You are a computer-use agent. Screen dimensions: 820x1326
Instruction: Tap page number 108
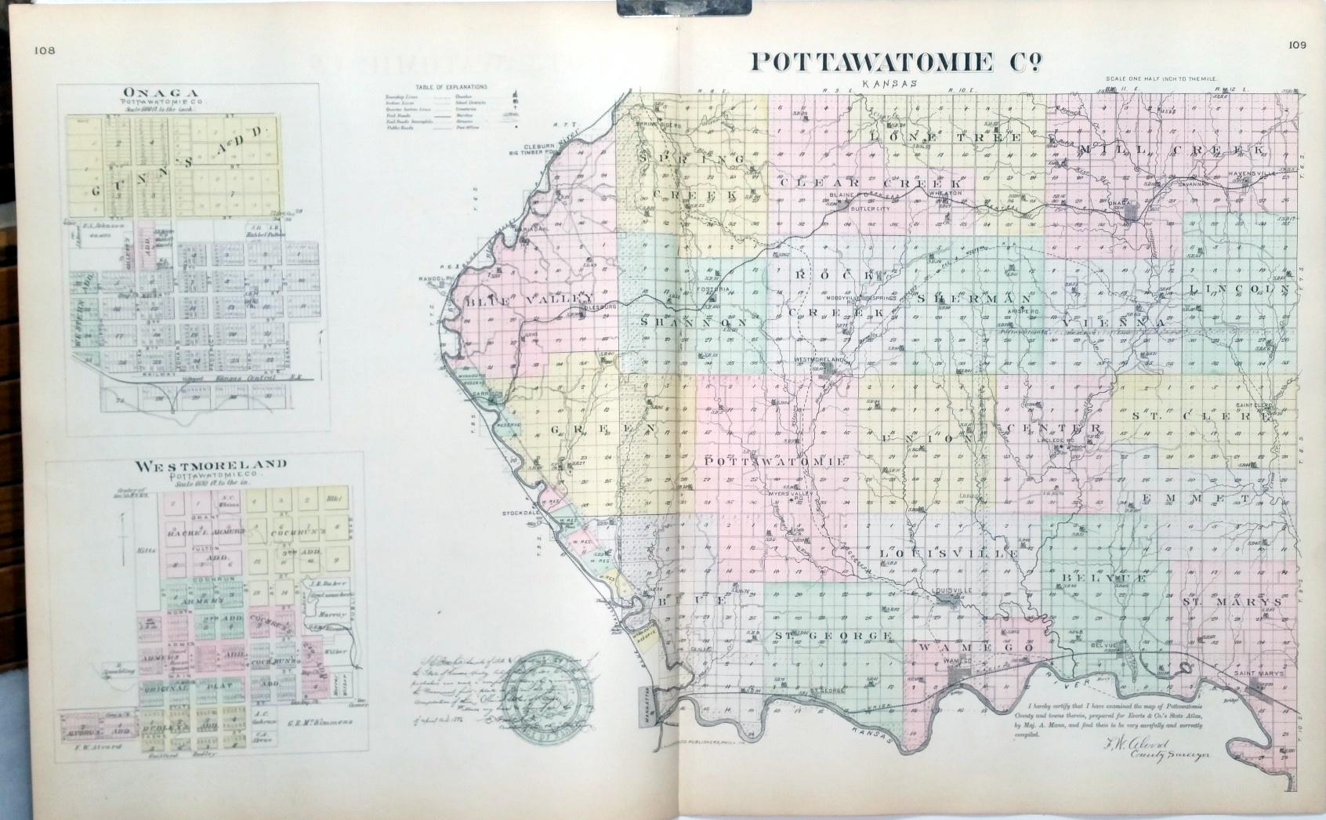coord(44,52)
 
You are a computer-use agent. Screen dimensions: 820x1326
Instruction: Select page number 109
coord(1296,45)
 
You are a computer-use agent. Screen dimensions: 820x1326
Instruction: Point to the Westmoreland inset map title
coord(211,465)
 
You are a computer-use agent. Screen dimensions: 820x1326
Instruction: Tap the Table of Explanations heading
coord(451,86)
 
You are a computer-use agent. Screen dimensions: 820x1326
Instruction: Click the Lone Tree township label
coord(946,136)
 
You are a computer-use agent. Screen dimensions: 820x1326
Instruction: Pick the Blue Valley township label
coord(527,299)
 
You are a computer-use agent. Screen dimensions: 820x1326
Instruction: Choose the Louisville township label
coord(949,553)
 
